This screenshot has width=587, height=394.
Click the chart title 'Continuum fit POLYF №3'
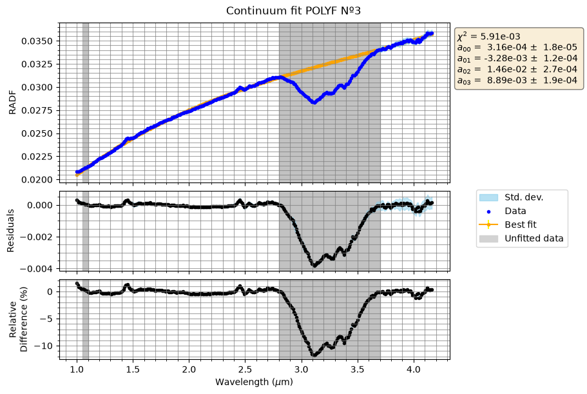[x=293, y=10]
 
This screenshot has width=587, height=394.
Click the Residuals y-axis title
[x=10, y=231]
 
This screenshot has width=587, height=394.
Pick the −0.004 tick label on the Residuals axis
[x=36, y=269]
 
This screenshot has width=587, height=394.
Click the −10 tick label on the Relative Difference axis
[x=43, y=346]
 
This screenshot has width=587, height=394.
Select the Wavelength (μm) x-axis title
[x=254, y=382]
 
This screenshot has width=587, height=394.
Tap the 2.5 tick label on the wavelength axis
[x=245, y=369]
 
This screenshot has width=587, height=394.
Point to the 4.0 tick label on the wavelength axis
[x=414, y=369]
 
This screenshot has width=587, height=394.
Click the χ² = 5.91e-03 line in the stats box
[x=488, y=36]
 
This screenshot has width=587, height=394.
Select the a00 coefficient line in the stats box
[x=517, y=47]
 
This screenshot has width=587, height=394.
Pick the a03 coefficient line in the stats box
[x=517, y=80]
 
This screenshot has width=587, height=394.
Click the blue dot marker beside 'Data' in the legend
[x=488, y=212]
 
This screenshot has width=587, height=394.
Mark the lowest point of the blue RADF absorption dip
[x=314, y=102]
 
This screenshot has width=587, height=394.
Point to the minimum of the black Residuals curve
[x=314, y=265]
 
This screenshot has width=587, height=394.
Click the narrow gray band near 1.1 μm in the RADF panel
[x=85, y=103]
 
